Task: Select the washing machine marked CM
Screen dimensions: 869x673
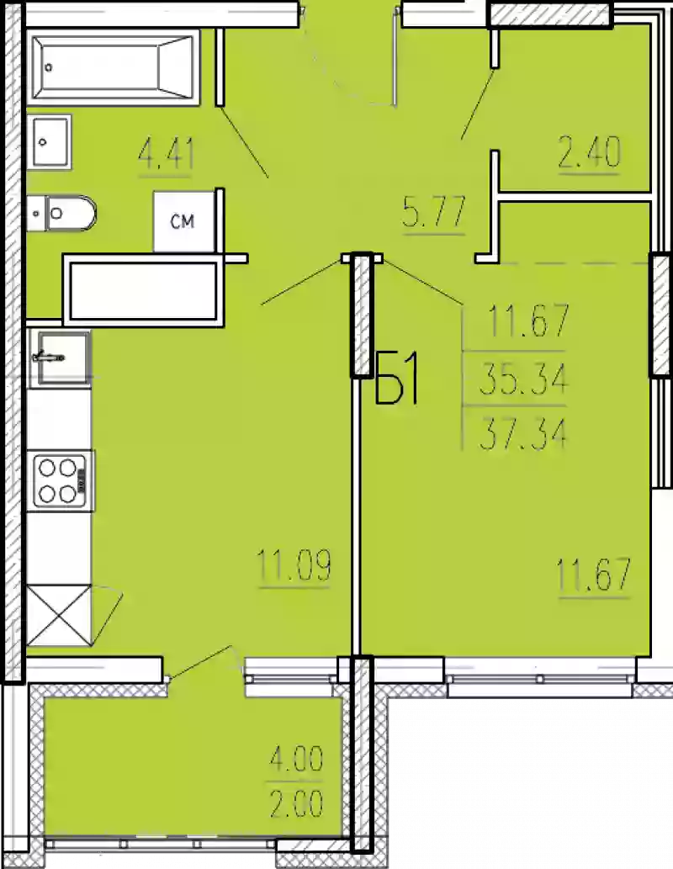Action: tap(183, 221)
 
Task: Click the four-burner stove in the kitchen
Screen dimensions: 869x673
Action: tap(60, 480)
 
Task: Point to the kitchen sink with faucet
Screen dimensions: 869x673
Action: tap(59, 358)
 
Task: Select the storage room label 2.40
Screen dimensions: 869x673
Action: tap(589, 154)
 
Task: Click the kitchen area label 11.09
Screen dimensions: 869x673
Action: tap(294, 566)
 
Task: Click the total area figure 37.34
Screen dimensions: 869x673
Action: tap(522, 433)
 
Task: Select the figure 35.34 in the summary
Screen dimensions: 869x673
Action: tap(522, 381)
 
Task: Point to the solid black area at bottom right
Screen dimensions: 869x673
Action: tap(530, 782)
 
